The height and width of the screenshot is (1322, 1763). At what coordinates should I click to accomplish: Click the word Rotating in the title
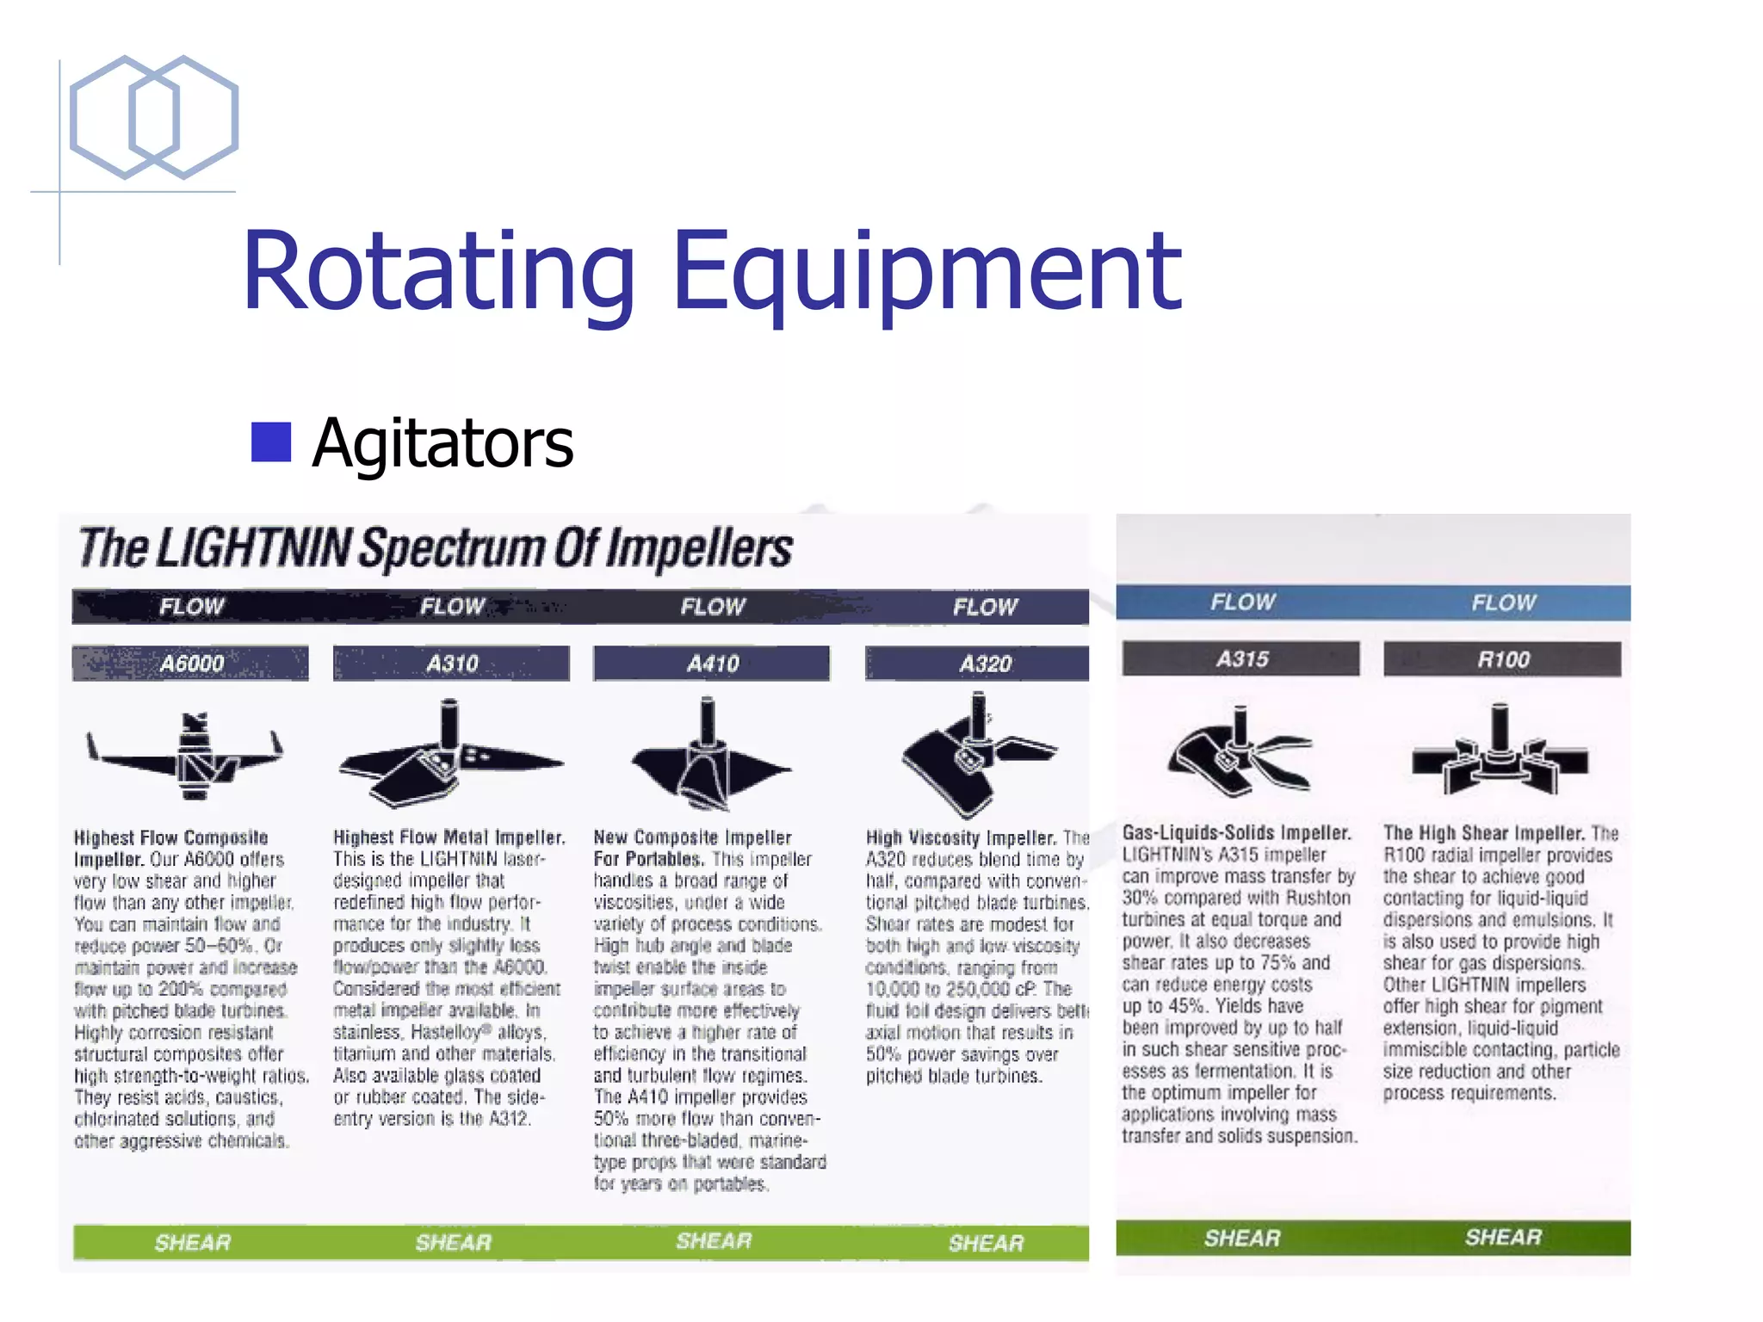click(x=438, y=271)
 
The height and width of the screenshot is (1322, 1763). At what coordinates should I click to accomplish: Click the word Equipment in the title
click(x=926, y=271)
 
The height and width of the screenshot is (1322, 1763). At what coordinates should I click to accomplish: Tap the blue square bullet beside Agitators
click(x=271, y=442)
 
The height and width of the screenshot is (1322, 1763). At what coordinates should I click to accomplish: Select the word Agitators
click(x=442, y=443)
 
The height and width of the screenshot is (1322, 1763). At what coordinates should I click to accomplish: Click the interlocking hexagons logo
click(x=153, y=117)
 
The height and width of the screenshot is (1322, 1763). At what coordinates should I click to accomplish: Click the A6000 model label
click(x=191, y=664)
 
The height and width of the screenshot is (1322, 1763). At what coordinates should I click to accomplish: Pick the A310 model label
click(x=452, y=664)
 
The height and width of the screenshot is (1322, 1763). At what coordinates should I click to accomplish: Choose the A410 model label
click(x=712, y=664)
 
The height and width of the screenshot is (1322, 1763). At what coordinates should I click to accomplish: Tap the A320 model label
click(x=985, y=664)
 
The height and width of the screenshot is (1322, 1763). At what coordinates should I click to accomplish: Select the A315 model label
click(x=1241, y=659)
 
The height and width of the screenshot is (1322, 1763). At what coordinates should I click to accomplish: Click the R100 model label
click(x=1503, y=659)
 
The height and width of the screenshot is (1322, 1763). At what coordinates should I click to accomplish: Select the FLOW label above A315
click(x=1242, y=602)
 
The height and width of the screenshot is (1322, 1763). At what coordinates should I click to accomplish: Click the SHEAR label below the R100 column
click(x=1503, y=1238)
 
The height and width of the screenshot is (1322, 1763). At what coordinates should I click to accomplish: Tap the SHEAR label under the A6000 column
click(x=193, y=1243)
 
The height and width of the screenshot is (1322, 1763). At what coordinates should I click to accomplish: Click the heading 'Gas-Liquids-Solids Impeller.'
click(x=1236, y=833)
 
